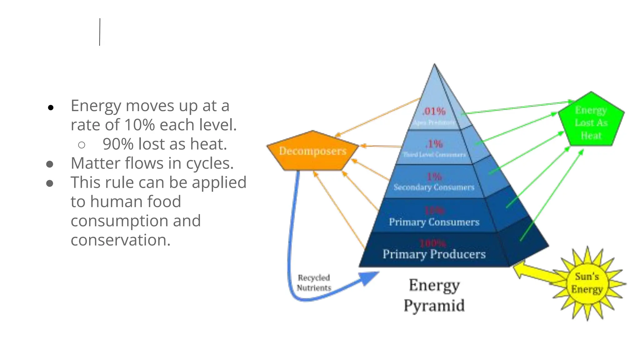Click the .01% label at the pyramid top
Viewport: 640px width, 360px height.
434,111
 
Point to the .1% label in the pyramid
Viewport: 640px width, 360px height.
434,144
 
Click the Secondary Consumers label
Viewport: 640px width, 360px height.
434,187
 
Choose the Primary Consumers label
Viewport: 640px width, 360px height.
434,222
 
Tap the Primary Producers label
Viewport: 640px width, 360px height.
434,254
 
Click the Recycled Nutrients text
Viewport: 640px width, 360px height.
314,283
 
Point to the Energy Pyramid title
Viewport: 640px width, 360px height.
434,295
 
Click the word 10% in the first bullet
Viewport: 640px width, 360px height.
139,125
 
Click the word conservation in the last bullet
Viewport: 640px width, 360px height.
120,240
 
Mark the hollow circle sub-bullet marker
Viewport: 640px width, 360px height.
82,145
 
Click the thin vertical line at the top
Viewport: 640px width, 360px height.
100,32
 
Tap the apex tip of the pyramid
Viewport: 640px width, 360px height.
434,65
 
